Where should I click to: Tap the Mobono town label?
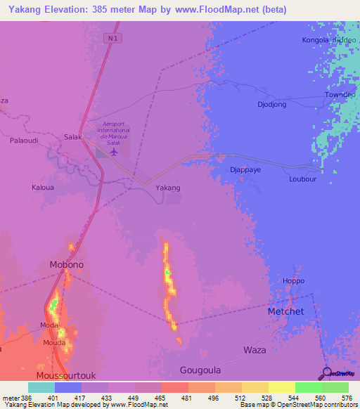pyautogui.click(x=67, y=265)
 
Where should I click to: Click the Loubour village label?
pyautogui.click(x=303, y=178)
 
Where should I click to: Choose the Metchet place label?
pyautogui.click(x=285, y=311)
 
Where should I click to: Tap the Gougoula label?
pyautogui.click(x=200, y=370)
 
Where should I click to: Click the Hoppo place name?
pyautogui.click(x=292, y=281)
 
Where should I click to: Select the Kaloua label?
pyautogui.click(x=43, y=188)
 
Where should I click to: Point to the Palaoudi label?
pyautogui.click(x=23, y=141)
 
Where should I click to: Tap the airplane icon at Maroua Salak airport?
pyautogui.click(x=115, y=152)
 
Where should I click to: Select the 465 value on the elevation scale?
pyautogui.click(x=160, y=398)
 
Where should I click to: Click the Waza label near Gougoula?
pyautogui.click(x=254, y=349)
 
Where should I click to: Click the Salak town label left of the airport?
pyautogui.click(x=73, y=137)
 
